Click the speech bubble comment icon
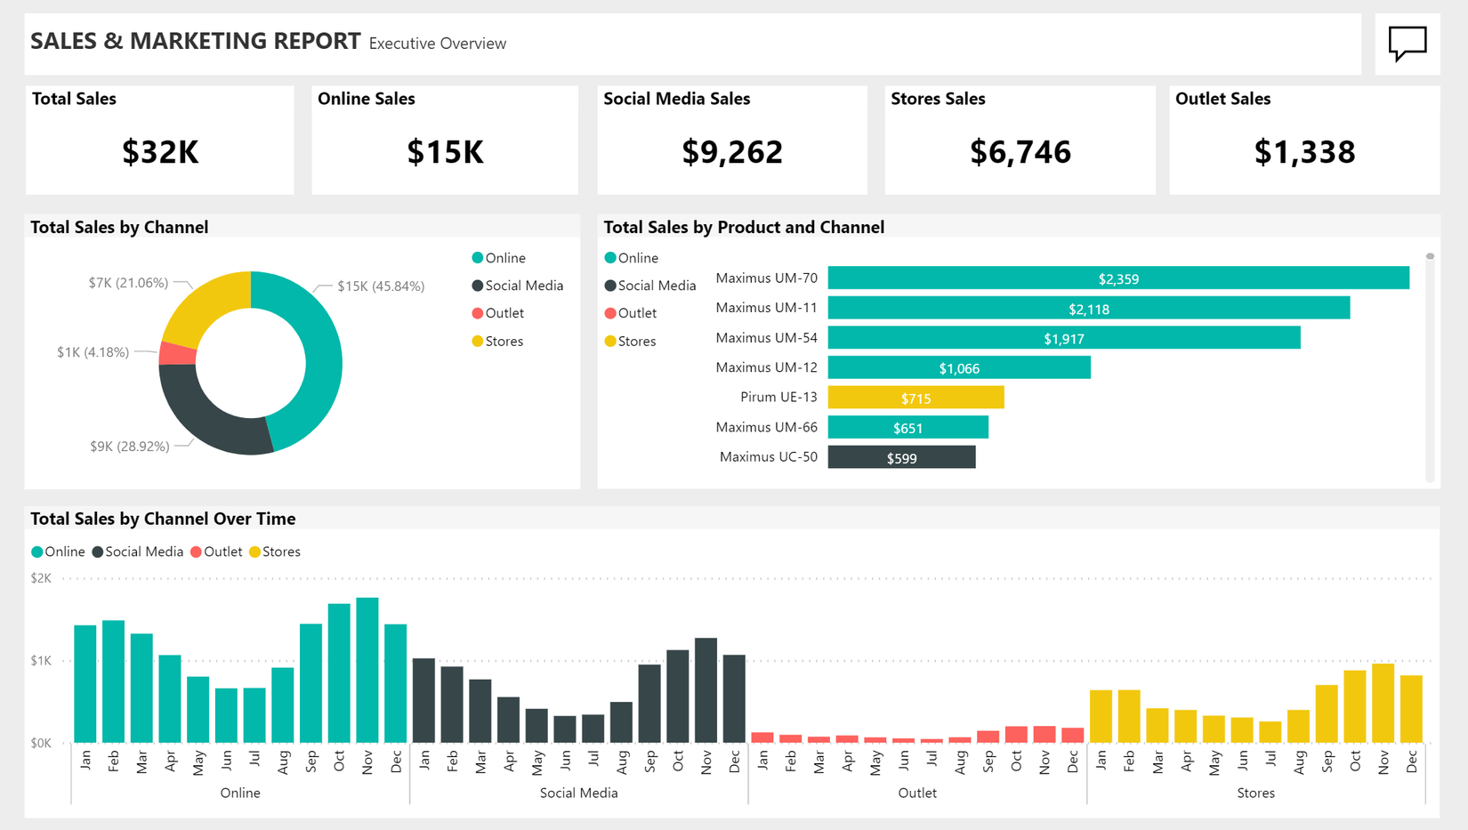click(x=1407, y=43)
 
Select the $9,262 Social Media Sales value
click(x=732, y=152)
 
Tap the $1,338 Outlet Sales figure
click(x=1304, y=152)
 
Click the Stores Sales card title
click(x=938, y=99)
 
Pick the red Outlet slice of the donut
click(x=178, y=353)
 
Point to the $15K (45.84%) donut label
click(x=381, y=286)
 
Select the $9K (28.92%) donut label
click(x=130, y=447)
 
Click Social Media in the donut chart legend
click(x=523, y=286)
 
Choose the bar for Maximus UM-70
click(x=1117, y=278)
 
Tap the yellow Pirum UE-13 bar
click(x=915, y=398)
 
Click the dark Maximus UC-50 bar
click(x=901, y=457)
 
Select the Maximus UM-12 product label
click(x=766, y=367)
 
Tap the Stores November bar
click(x=1383, y=703)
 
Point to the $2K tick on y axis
click(x=41, y=578)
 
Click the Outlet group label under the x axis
click(x=917, y=793)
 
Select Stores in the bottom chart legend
click(x=280, y=552)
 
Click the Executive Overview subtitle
click(x=437, y=44)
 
